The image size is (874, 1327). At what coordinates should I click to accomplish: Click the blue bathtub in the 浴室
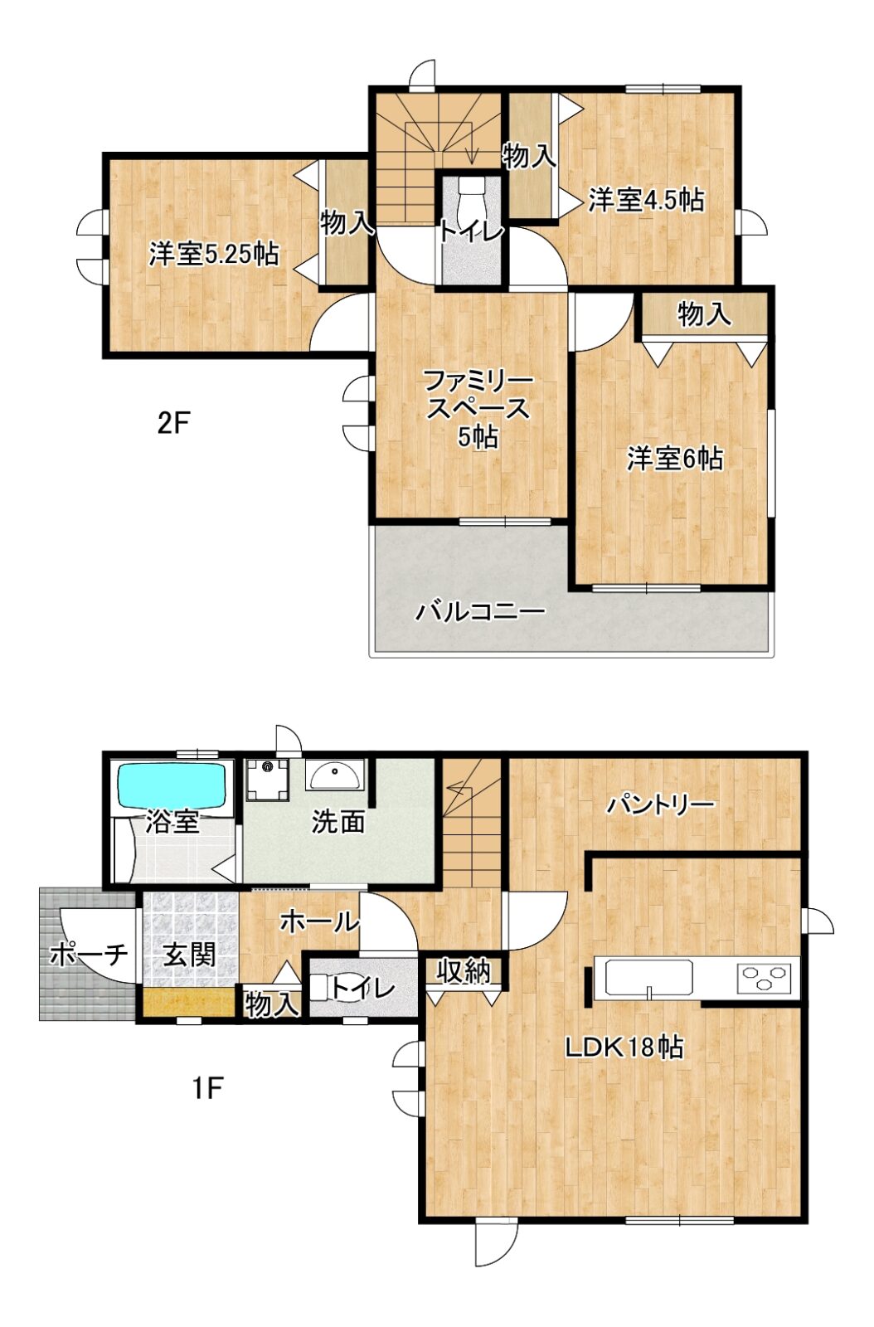[x=173, y=785]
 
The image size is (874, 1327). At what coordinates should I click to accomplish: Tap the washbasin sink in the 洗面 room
[x=334, y=774]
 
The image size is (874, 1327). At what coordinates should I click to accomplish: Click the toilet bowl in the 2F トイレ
[x=472, y=202]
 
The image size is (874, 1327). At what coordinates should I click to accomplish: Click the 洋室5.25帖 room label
[x=214, y=255]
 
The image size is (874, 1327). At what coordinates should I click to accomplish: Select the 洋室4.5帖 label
[x=646, y=200]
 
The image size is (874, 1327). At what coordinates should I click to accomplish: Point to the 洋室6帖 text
[x=675, y=459]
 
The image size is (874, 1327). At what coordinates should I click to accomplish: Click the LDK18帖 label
[x=624, y=1063]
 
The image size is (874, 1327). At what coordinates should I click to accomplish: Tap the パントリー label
[x=659, y=805]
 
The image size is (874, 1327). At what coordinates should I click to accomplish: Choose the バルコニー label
[x=480, y=610]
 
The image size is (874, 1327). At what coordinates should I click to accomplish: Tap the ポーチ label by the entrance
[x=89, y=955]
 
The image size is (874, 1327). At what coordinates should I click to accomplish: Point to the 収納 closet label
[x=464, y=971]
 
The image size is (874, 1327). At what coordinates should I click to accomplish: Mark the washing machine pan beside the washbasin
[x=267, y=779]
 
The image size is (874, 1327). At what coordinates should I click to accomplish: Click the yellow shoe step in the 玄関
[x=188, y=1003]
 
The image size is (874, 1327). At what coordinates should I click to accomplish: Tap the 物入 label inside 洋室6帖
[x=704, y=314]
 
